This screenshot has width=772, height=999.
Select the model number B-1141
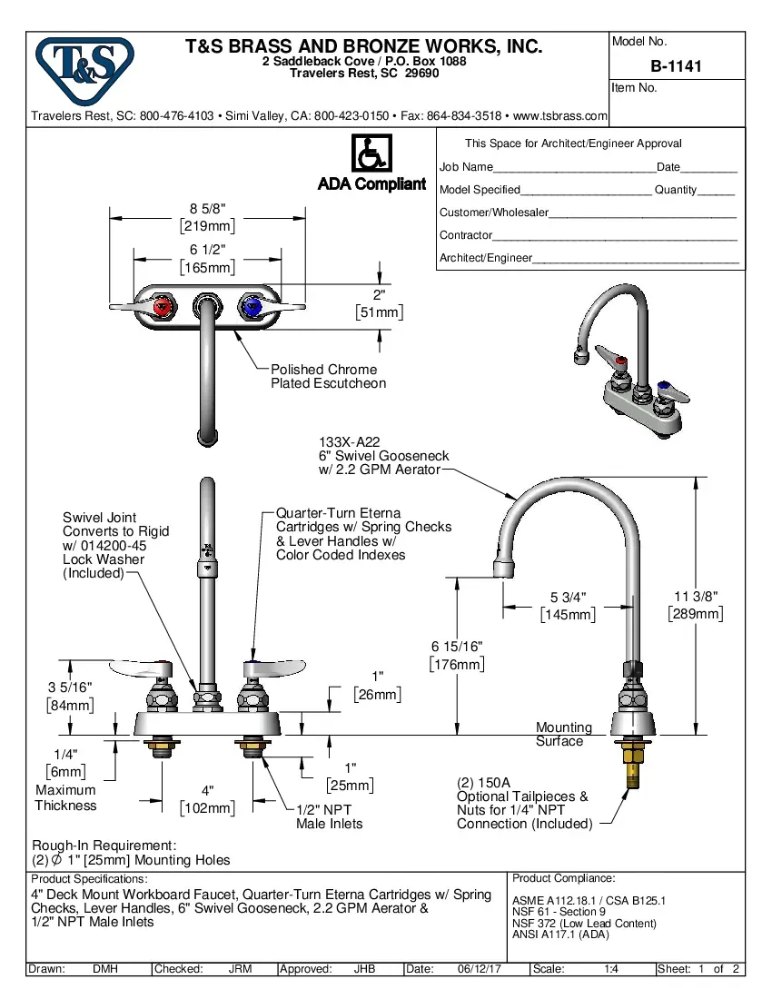pos(676,65)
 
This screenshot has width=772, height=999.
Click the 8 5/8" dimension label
pos(207,209)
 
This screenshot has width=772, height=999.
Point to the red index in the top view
pos(163,307)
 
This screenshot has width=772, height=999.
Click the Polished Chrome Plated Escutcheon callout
pos(328,376)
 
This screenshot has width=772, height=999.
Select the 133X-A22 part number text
pos(343,441)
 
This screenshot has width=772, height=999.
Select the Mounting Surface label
pos(563,734)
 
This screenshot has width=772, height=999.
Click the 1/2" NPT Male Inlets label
pos(329,816)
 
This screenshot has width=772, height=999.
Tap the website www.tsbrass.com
pos(559,116)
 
